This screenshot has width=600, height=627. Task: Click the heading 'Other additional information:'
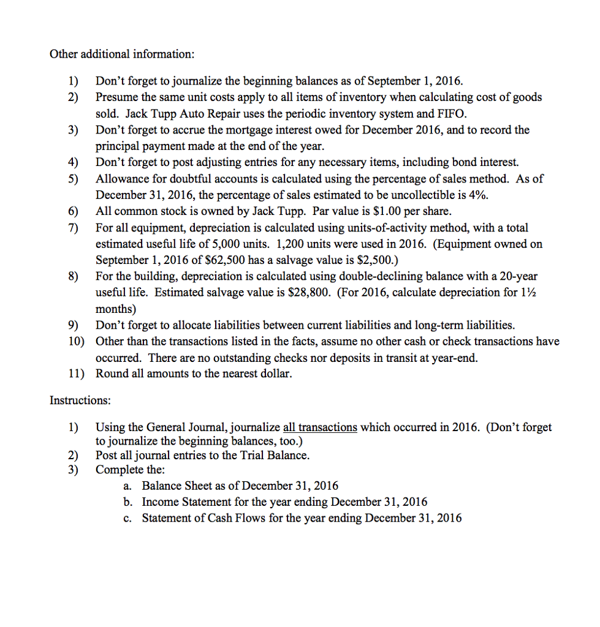tap(122, 54)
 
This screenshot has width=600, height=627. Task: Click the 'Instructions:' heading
tap(80, 400)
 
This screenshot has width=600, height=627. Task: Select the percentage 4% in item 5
tap(476, 195)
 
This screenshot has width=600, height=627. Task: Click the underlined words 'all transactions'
tap(319, 427)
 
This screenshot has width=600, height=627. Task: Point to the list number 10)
tap(77, 341)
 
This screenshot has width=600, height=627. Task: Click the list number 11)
tap(77, 374)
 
